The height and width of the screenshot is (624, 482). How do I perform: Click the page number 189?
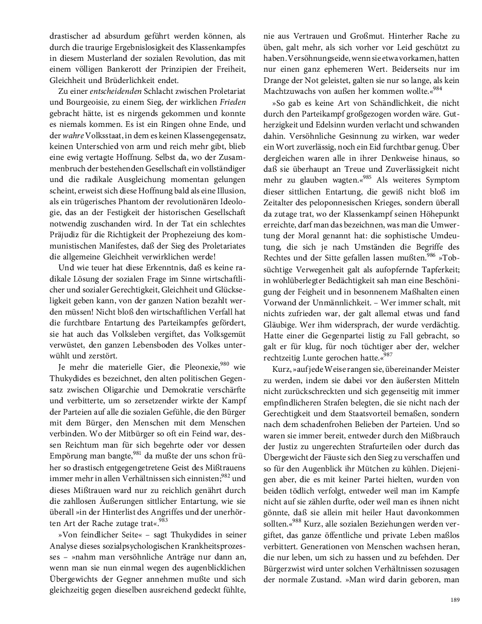point(455,600)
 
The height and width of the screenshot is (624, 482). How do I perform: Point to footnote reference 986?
point(431,254)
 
